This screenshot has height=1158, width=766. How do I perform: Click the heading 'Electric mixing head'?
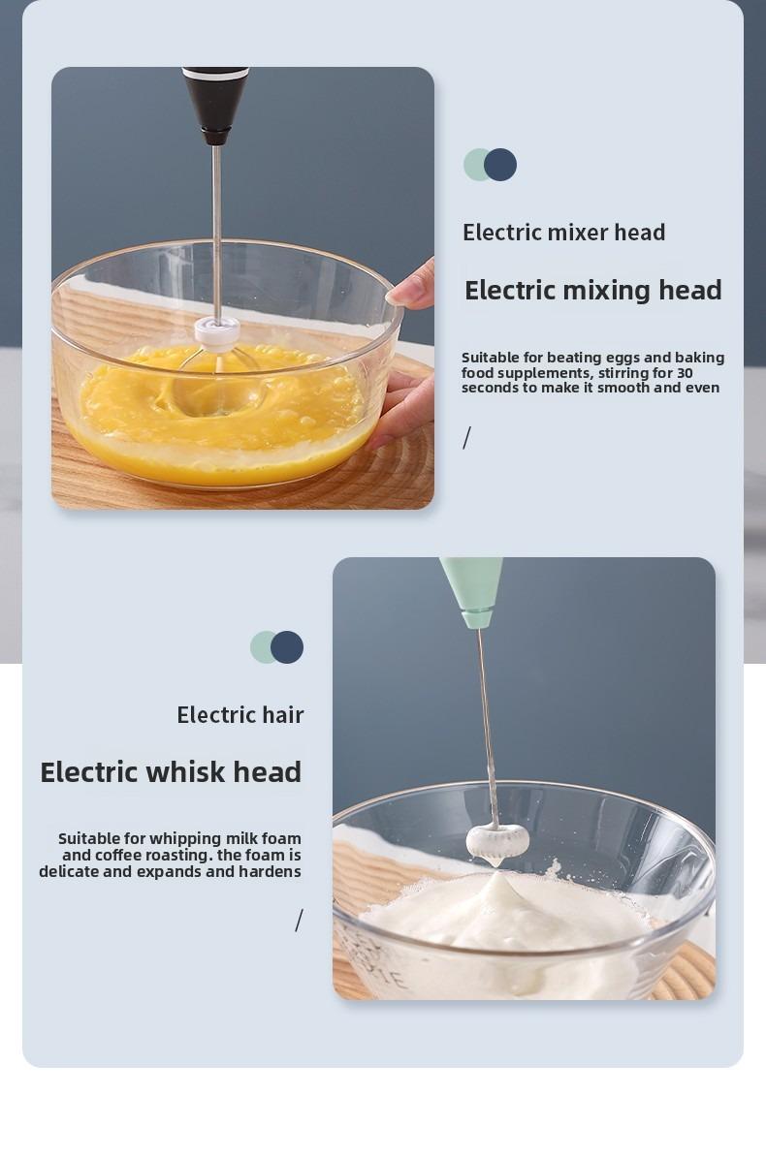tap(592, 290)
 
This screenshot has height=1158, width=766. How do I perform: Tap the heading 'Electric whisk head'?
tap(171, 771)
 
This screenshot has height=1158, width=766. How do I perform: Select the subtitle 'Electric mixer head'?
tap(563, 233)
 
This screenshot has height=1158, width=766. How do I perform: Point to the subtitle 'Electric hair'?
tap(239, 715)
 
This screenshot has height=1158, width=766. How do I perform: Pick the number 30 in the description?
tap(684, 373)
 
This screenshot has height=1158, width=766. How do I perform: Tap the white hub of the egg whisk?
tap(211, 329)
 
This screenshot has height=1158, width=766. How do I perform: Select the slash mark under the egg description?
tap(466, 438)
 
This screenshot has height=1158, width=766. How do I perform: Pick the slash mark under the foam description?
tap(300, 921)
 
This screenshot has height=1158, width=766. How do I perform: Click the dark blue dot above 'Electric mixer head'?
tap(500, 165)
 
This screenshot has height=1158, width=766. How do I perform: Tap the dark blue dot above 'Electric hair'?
tap(287, 647)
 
